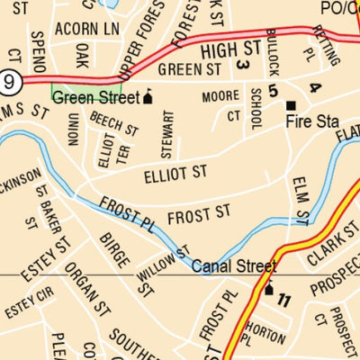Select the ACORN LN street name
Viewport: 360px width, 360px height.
(86, 30)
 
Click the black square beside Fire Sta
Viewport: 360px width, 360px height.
(291, 105)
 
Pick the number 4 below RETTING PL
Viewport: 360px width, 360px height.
(314, 87)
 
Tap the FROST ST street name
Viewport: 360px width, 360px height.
(199, 214)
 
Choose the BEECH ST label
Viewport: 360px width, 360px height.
(114, 123)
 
